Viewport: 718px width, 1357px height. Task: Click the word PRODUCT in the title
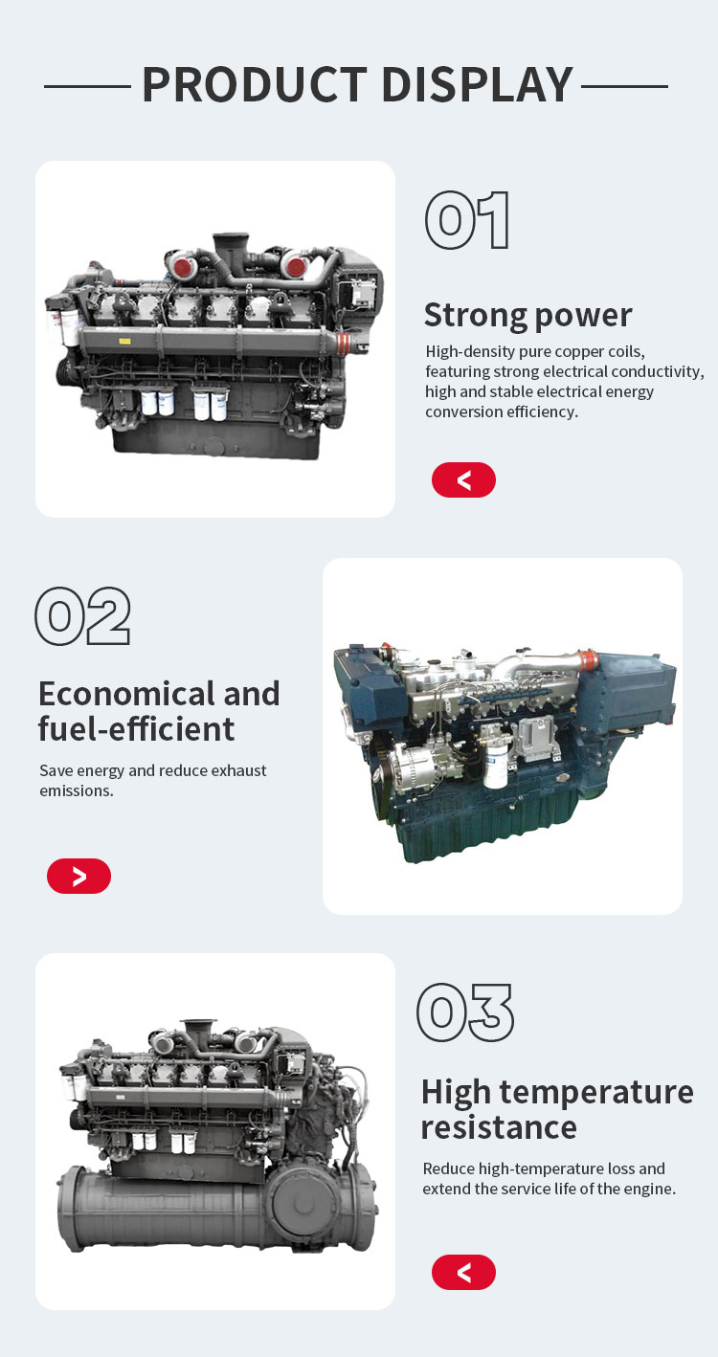pyautogui.click(x=255, y=85)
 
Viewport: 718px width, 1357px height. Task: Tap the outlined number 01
pyautogui.click(x=467, y=220)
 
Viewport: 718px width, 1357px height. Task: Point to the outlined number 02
pyautogui.click(x=83, y=615)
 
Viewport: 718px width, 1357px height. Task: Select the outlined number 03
pyautogui.click(x=465, y=1012)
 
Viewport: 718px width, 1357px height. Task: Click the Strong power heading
pyautogui.click(x=527, y=316)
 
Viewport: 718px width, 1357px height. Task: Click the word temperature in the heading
pyautogui.click(x=596, y=1092)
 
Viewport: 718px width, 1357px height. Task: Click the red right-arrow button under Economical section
pyautogui.click(x=79, y=876)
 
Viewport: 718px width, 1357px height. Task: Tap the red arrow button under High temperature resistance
pyautogui.click(x=463, y=1272)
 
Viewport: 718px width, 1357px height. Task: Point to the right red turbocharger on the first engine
pyautogui.click(x=296, y=265)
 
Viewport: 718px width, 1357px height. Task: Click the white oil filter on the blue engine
pyautogui.click(x=495, y=766)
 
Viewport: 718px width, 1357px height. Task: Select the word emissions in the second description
pyautogui.click(x=77, y=790)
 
